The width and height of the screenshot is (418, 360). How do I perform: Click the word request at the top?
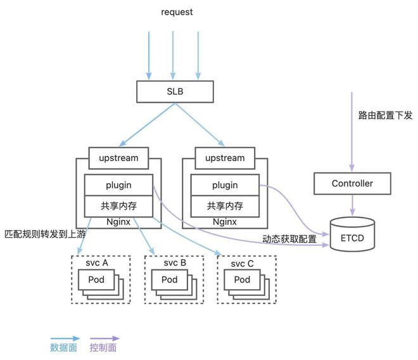pos(177,11)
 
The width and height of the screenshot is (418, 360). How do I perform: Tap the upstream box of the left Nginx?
pos(118,158)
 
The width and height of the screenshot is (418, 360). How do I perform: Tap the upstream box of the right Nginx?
pos(225,158)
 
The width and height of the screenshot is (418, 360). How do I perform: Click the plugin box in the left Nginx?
pos(118,185)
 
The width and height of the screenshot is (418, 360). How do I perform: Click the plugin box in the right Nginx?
pos(225,185)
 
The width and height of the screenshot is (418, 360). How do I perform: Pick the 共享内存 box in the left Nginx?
pos(118,206)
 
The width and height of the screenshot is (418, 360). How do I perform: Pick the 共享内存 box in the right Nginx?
pos(225,206)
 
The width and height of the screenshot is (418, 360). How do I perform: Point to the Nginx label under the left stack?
pos(118,222)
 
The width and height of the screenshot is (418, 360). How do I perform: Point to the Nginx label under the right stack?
pos(225,222)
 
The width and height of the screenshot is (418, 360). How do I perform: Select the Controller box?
pos(352,184)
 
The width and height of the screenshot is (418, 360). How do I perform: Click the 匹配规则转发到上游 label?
pos(44,234)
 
